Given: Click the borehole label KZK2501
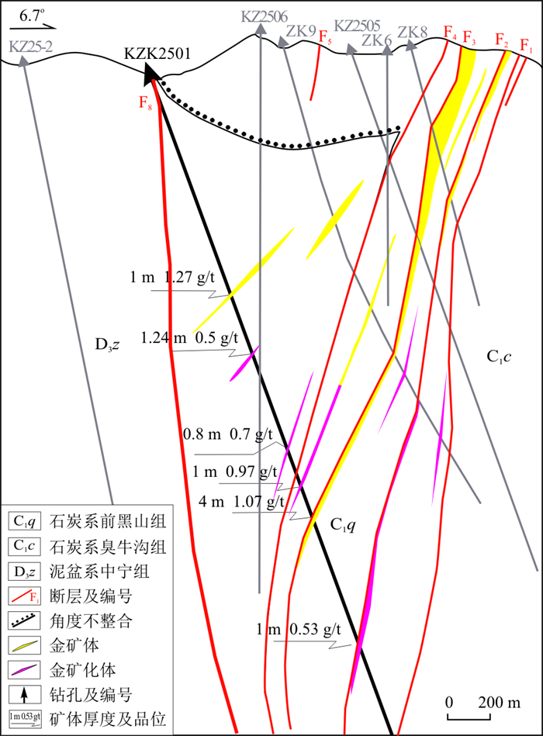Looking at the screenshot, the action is click(157, 53).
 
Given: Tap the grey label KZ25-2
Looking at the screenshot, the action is click(30, 47).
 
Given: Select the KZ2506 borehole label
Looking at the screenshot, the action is click(265, 17).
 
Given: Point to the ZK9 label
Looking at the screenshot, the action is click(301, 31).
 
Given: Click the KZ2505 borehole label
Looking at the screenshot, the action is click(357, 26).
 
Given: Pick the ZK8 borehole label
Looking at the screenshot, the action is click(413, 32).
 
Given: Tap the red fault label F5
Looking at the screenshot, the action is click(325, 37).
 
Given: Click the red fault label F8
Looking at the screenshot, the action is click(146, 102).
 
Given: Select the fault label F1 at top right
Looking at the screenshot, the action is click(527, 46).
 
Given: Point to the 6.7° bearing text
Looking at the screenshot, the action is click(32, 16).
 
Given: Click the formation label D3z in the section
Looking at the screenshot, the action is click(107, 345).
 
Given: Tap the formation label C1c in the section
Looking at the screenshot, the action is click(499, 358).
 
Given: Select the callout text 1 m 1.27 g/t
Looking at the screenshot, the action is click(172, 278).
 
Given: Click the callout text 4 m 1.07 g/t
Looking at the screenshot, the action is click(241, 502).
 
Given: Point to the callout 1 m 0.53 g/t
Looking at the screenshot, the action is click(299, 630).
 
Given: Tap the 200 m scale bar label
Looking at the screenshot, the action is click(500, 703).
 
